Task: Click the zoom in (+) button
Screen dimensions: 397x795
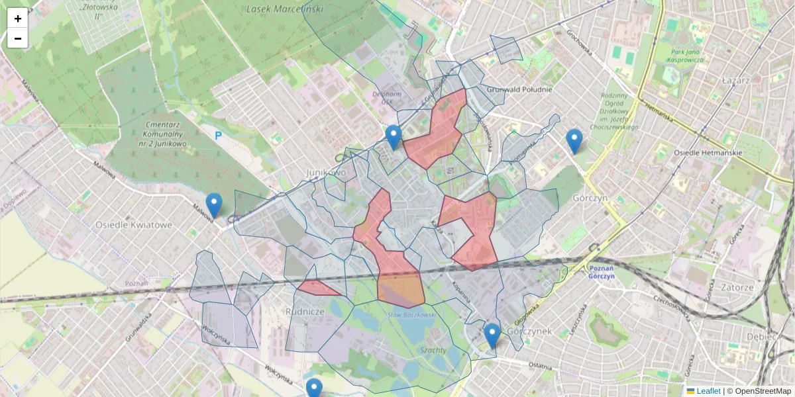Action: (x=18, y=19)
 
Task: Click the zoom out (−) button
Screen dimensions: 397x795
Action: (x=18, y=38)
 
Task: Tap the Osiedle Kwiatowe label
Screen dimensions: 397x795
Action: (x=134, y=224)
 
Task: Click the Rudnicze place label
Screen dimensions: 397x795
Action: (x=304, y=310)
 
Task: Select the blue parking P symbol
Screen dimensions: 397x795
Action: (x=218, y=136)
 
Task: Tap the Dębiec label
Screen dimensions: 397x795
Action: (x=778, y=336)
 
